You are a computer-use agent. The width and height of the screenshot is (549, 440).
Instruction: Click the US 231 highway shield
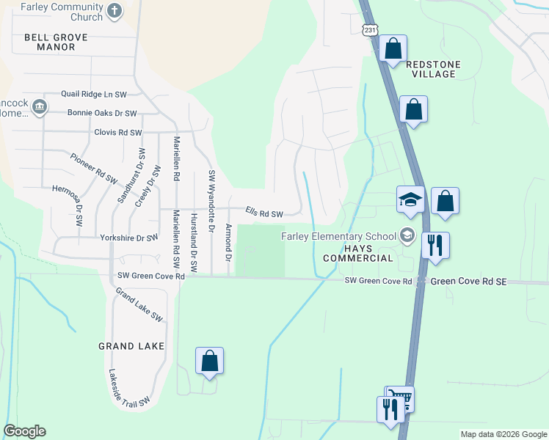[x=371, y=30]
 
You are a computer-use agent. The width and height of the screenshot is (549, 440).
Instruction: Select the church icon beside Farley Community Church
[x=114, y=11]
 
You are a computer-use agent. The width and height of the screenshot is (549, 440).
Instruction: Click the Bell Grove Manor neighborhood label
[x=55, y=42]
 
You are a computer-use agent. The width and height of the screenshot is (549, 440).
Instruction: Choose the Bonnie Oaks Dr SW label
[x=102, y=114]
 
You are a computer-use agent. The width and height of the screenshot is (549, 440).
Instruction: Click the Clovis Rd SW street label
[x=117, y=133]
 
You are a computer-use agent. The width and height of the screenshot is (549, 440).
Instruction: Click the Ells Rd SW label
[x=264, y=213]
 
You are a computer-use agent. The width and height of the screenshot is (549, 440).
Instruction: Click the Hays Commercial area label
[x=357, y=253]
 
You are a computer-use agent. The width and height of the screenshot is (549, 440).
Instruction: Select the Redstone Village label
[x=433, y=69]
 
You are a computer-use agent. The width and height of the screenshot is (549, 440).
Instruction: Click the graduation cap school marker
[x=410, y=199]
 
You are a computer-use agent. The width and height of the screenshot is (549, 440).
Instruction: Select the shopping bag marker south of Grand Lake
[x=209, y=361]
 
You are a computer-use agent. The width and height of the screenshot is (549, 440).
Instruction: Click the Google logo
[x=24, y=431]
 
